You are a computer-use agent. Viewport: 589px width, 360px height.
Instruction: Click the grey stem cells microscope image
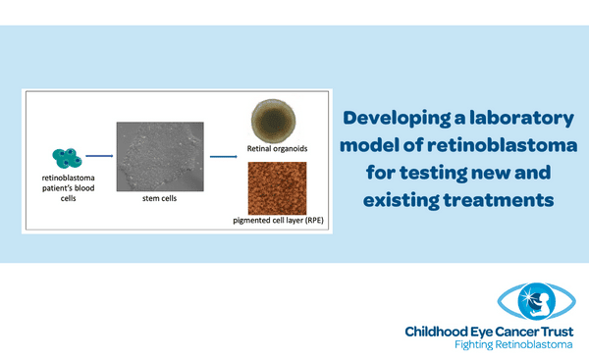[x=159, y=155]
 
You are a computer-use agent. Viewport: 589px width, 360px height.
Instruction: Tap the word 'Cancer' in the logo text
[x=509, y=333]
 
